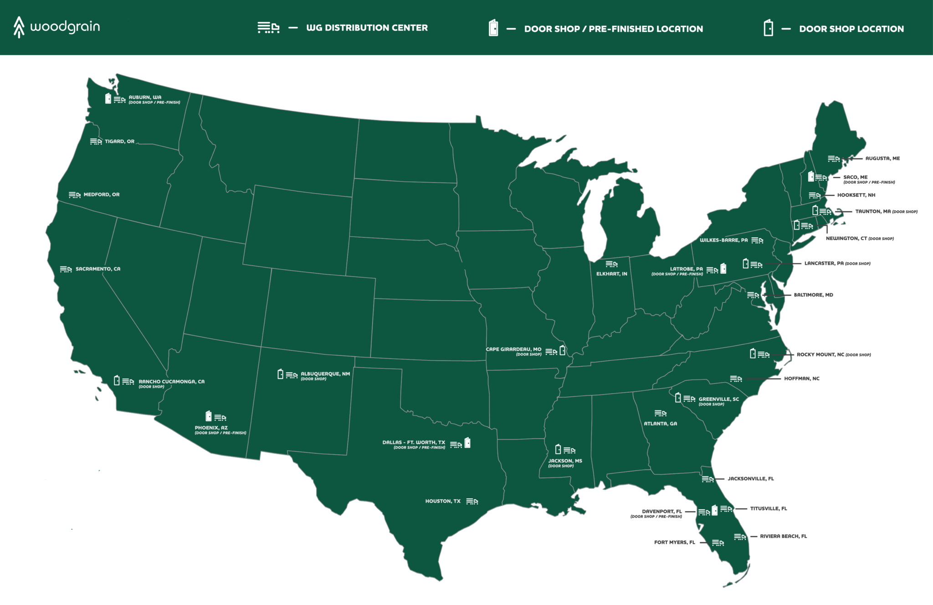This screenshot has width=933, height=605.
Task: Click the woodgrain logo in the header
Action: click(56, 27)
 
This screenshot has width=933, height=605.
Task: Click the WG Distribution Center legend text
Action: click(367, 28)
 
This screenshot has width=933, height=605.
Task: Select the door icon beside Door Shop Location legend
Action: click(768, 28)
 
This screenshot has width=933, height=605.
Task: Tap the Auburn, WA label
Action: click(145, 97)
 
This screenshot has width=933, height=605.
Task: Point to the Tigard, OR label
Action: click(119, 142)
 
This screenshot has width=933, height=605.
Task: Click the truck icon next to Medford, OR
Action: click(75, 195)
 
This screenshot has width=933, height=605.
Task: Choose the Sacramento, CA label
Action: click(98, 269)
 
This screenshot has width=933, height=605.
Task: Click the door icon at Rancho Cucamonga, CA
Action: click(117, 380)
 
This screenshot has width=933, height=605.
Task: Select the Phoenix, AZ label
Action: click(211, 428)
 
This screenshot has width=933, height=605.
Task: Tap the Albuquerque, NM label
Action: click(325, 374)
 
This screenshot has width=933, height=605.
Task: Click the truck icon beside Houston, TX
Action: click(472, 502)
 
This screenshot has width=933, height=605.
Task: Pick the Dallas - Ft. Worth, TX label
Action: click(414, 442)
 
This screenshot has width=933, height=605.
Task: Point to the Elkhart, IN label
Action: click(611, 274)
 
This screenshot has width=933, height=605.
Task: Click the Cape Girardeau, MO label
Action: click(513, 349)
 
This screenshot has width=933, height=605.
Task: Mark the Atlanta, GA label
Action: click(660, 424)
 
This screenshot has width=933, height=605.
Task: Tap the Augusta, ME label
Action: click(882, 159)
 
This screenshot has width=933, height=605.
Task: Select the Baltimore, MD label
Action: click(813, 295)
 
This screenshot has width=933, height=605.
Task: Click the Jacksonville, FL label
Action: click(750, 479)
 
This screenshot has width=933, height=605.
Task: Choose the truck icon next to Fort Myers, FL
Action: click(718, 543)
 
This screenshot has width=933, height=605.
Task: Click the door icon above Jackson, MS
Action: click(558, 450)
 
